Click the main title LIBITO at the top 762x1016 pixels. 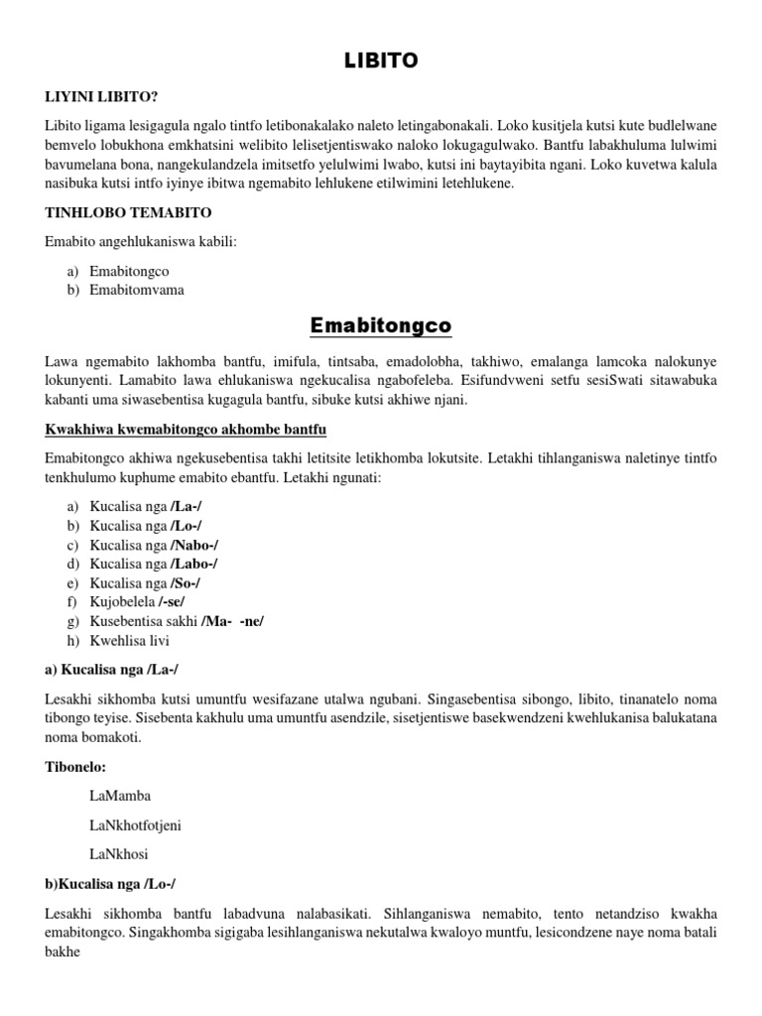click(x=381, y=62)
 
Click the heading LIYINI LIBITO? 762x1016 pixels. click(x=102, y=96)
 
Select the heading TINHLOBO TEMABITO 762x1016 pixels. click(x=128, y=212)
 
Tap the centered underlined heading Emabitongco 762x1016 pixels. click(x=381, y=325)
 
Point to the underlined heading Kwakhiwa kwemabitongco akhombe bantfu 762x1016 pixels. click(x=186, y=429)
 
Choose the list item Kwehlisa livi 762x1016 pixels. click(x=123, y=641)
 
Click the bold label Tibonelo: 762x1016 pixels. click(x=74, y=767)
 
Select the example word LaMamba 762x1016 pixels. click(x=120, y=796)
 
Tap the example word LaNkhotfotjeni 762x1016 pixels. click(x=135, y=825)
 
